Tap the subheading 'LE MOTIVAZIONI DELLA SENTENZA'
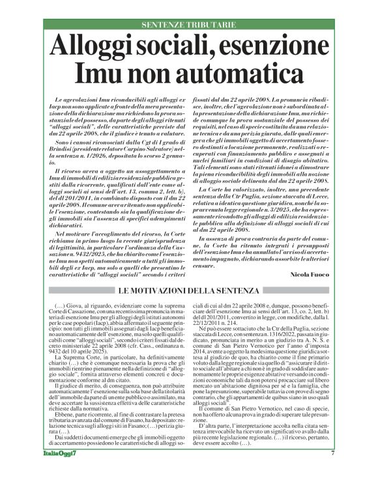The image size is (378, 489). click(189, 272)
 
